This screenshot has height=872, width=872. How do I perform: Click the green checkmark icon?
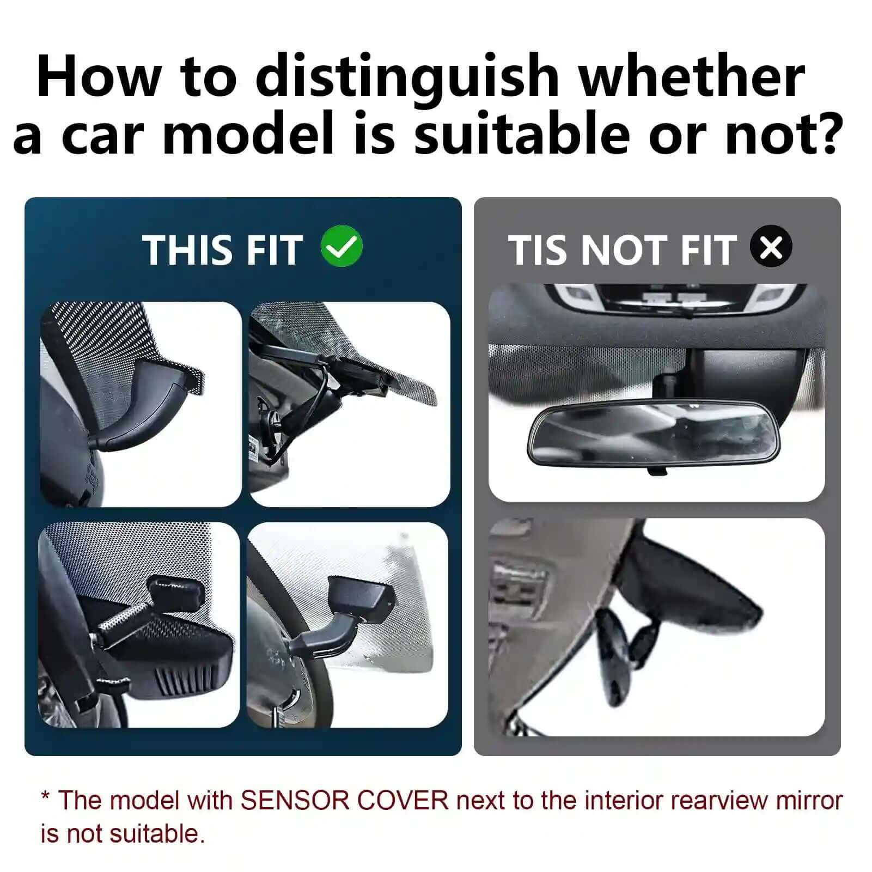(x=342, y=248)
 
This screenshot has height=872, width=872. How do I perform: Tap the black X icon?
(x=771, y=248)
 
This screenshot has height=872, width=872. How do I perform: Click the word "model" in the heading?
(x=248, y=134)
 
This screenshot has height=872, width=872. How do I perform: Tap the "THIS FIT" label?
(x=222, y=250)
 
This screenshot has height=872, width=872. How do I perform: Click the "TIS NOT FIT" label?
(x=622, y=250)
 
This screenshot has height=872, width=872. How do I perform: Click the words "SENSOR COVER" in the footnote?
(x=344, y=801)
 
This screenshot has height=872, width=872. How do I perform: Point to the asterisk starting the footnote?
(x=46, y=798)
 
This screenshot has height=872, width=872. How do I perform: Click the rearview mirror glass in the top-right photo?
(x=654, y=433)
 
